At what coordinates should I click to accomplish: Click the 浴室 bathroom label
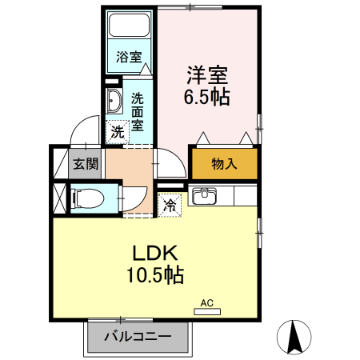[x=129, y=57]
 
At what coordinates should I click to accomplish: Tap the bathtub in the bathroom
[x=129, y=29]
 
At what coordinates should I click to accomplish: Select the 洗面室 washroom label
[x=138, y=111]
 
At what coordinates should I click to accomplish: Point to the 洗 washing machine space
[x=118, y=130]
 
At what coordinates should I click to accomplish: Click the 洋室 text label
[x=208, y=76]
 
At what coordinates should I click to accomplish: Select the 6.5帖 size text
[x=208, y=98]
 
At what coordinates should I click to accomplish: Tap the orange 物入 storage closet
[x=224, y=163]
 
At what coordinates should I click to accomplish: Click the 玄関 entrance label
[x=86, y=164]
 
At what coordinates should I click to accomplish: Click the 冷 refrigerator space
[x=170, y=206]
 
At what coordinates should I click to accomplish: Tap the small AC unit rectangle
[x=206, y=311]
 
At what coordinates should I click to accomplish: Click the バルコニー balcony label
[x=138, y=337]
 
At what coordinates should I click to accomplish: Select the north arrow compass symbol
[x=294, y=337]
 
